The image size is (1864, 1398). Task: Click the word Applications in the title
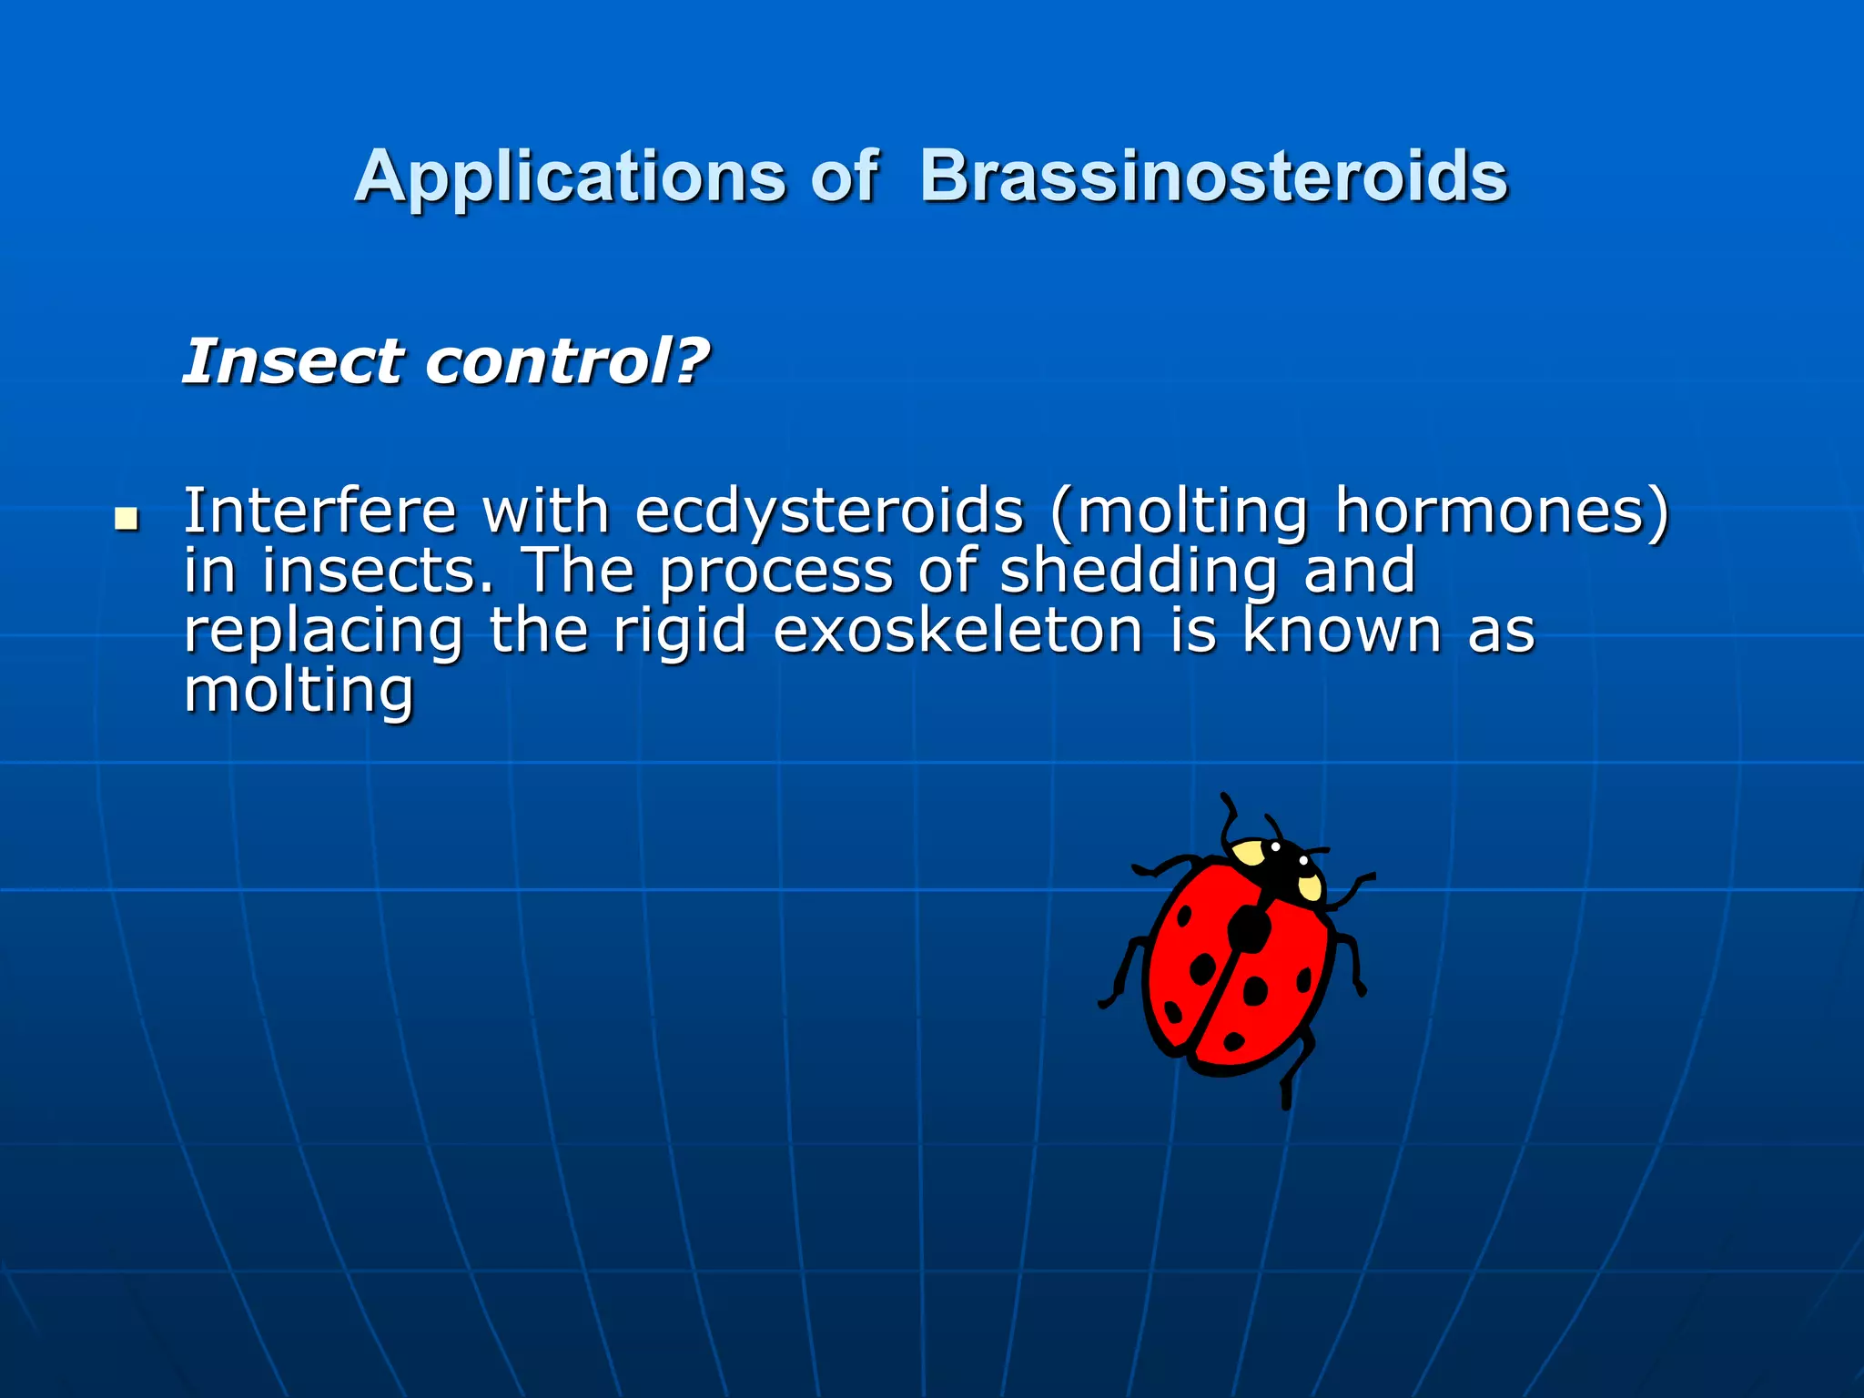(x=570, y=177)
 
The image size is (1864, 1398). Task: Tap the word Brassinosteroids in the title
(x=1213, y=177)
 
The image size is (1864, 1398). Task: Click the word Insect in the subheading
(x=290, y=362)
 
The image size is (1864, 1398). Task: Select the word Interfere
(x=319, y=512)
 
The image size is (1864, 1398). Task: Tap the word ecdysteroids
(x=828, y=513)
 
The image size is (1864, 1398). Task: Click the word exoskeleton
(x=957, y=632)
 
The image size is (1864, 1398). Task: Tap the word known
(x=1342, y=632)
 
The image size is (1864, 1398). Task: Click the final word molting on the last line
(x=299, y=692)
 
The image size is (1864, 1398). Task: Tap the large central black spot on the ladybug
(x=1250, y=929)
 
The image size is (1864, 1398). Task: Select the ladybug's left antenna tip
(x=1225, y=798)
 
